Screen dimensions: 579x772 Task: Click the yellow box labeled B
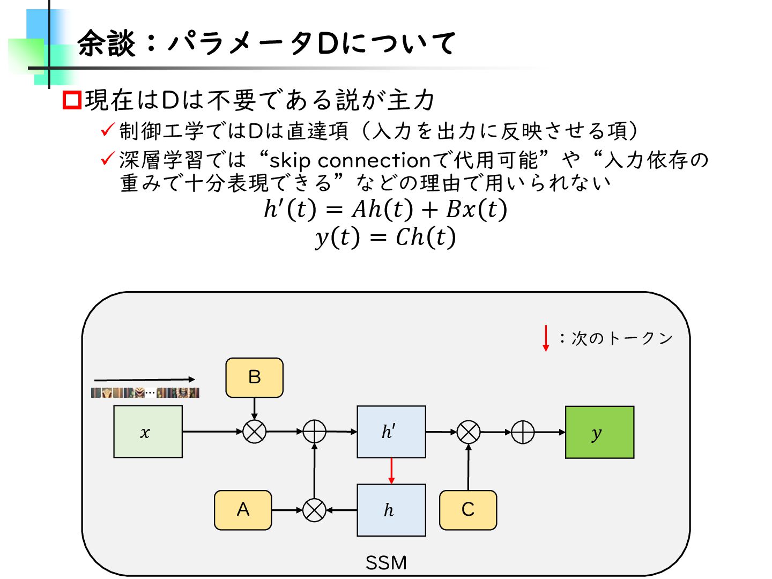click(x=254, y=377)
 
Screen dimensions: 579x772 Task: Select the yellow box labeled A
click(x=243, y=510)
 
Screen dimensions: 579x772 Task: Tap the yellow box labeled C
click(x=467, y=510)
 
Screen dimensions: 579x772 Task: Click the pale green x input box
click(x=147, y=432)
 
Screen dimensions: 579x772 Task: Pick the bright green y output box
click(x=599, y=432)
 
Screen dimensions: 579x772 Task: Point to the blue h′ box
click(x=391, y=432)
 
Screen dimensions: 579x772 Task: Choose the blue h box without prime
click(x=391, y=510)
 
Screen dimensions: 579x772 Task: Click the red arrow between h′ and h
click(x=391, y=471)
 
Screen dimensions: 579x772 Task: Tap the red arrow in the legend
click(x=546, y=338)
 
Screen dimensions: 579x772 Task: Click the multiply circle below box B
click(x=254, y=432)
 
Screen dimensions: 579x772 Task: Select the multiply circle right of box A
click(x=314, y=510)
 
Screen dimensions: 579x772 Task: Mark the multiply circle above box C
click(x=468, y=432)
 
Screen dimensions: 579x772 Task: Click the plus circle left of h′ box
click(x=315, y=432)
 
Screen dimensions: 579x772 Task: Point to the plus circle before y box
click(x=523, y=432)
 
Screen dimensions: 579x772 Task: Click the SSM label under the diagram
click(x=386, y=563)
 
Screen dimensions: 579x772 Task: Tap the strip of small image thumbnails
click(x=145, y=392)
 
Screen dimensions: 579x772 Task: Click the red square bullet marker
click(x=72, y=100)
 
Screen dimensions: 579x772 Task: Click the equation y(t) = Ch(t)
click(x=385, y=237)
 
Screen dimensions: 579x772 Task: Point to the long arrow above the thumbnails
click(x=145, y=380)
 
